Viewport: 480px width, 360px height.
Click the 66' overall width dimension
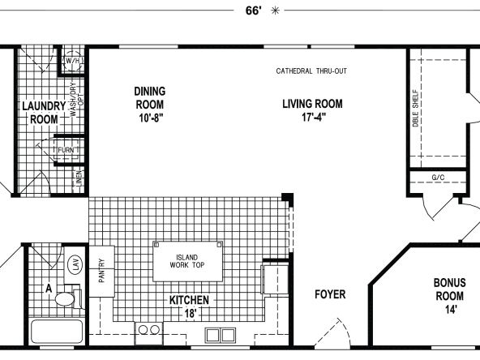254,11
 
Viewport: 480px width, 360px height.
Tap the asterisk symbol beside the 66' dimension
275,11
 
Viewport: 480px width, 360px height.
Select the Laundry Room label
44,113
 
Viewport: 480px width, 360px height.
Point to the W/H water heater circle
72,61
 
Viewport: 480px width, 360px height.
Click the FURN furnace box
66,150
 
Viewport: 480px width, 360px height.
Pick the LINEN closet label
79,178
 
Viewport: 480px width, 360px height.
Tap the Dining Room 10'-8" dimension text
151,118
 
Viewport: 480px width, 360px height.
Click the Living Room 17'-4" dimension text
314,117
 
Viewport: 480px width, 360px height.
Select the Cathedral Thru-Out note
311,71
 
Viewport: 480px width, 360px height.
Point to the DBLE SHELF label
415,108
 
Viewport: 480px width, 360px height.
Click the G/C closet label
438,178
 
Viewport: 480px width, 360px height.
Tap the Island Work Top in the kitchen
187,261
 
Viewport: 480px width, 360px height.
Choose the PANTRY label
101,271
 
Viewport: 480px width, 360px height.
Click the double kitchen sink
221,335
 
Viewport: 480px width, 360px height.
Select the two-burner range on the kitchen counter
148,333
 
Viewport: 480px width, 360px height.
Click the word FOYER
330,294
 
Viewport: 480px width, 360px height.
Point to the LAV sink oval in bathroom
75,264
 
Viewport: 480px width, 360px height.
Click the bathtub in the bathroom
57,332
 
